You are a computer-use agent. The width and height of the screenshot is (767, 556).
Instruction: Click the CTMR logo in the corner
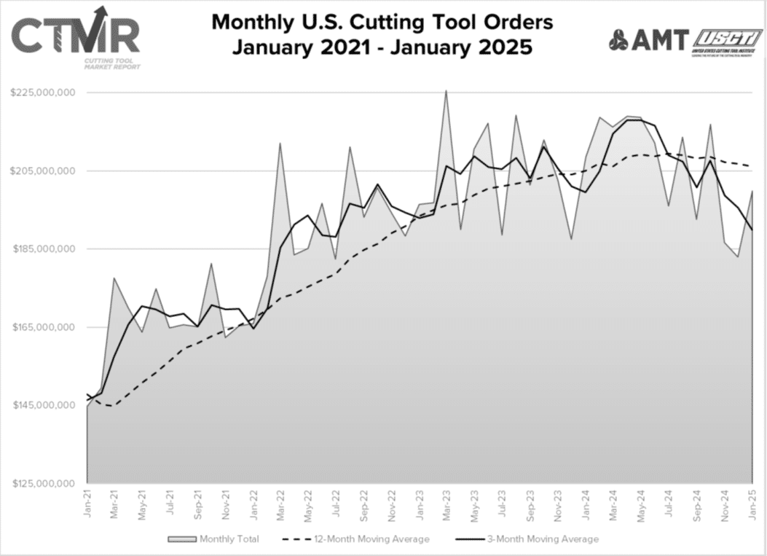point(75,36)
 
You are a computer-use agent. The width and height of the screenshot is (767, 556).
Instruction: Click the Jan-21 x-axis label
point(87,504)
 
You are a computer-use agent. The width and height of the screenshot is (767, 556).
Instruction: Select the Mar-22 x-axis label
point(280,504)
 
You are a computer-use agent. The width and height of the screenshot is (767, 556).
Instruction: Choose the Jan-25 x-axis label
point(752,504)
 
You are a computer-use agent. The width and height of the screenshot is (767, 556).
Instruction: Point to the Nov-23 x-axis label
point(558,504)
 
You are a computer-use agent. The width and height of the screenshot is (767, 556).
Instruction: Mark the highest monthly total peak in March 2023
point(447,90)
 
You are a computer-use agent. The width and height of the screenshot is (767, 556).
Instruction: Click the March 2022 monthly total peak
point(280,144)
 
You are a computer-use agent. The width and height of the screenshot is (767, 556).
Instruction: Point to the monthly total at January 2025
point(752,191)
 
